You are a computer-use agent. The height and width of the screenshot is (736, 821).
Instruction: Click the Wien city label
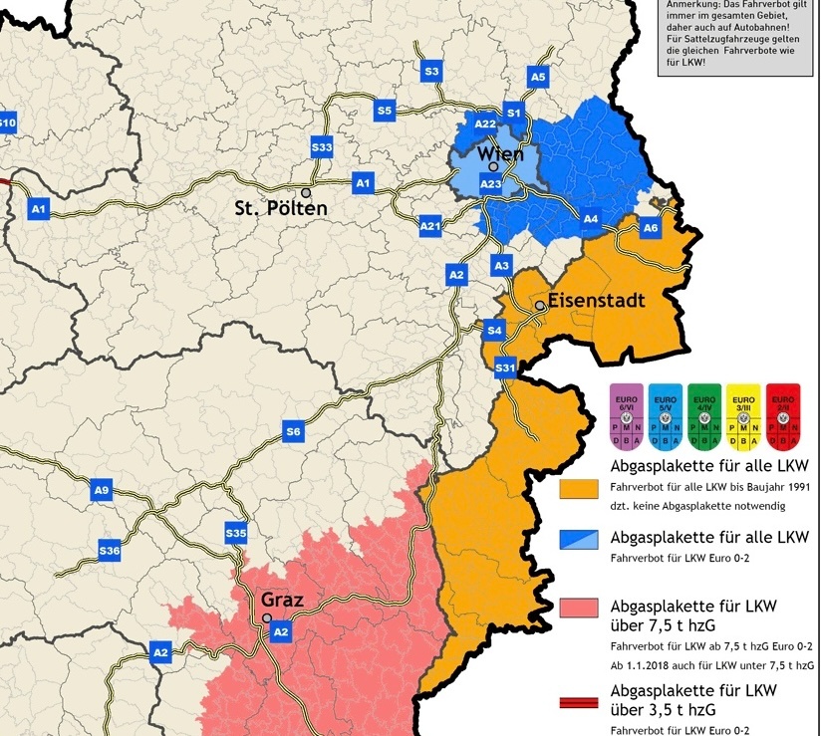tap(500, 153)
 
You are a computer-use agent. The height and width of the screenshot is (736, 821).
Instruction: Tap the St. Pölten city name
tap(281, 209)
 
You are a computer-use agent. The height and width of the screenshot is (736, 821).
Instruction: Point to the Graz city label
tap(281, 601)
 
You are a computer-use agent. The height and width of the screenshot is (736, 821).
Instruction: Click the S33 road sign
tap(322, 147)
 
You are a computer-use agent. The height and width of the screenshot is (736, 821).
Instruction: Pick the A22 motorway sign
tap(485, 123)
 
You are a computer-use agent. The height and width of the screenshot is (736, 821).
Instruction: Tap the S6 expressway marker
tap(293, 432)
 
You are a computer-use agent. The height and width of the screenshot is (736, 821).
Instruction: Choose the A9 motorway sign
tap(101, 489)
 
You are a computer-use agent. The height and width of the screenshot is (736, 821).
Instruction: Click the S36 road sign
tap(110, 551)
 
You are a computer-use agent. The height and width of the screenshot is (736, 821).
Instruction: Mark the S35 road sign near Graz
tap(236, 534)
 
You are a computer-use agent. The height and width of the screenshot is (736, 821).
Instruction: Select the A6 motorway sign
tap(651, 228)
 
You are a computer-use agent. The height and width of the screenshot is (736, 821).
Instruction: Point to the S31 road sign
tap(506, 369)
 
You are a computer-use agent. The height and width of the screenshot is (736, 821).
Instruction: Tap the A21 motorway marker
tap(430, 227)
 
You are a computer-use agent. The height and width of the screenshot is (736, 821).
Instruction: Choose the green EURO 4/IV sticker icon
tap(704, 416)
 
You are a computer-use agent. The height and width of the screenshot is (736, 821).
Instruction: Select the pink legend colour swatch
tap(579, 609)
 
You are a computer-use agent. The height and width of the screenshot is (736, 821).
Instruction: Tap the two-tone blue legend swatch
tap(579, 539)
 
